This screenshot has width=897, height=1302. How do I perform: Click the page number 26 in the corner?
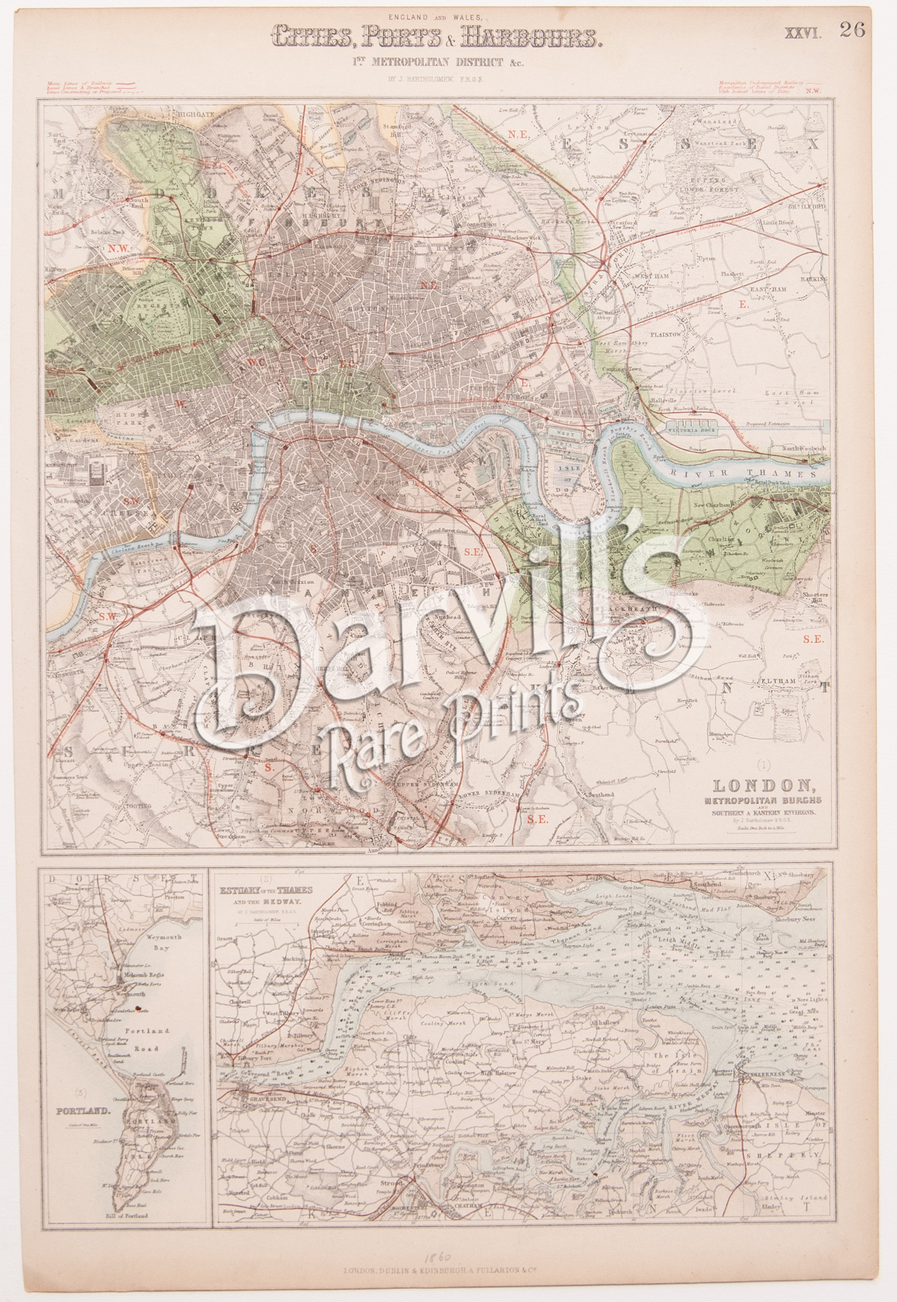tap(852, 31)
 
